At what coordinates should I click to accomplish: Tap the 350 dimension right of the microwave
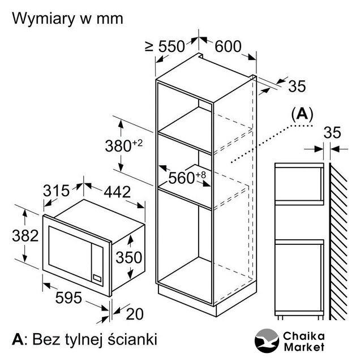pyautogui.click(x=129, y=257)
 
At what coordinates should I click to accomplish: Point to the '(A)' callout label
pyautogui.click(x=302, y=113)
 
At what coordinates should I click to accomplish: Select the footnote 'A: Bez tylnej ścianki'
pyautogui.click(x=85, y=340)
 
